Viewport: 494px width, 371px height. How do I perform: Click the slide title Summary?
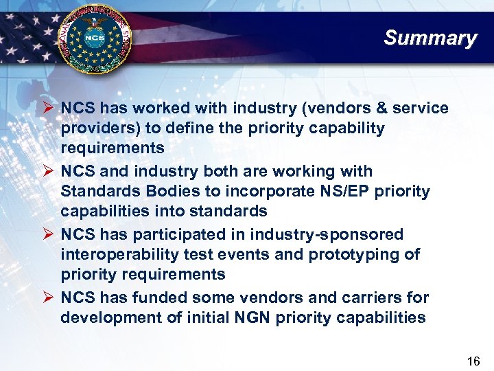pyautogui.click(x=430, y=38)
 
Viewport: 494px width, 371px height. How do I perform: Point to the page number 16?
pyautogui.click(x=473, y=361)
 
